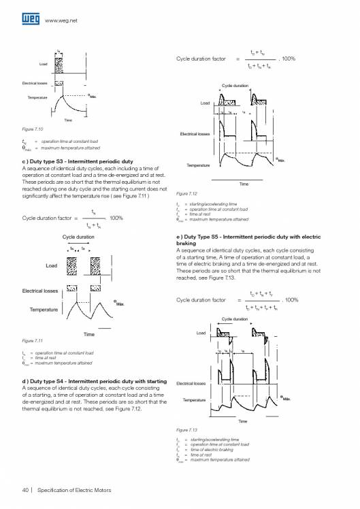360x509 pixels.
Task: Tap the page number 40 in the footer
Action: click(x=24, y=491)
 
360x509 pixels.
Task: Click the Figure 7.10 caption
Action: click(x=33, y=129)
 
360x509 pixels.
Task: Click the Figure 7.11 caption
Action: click(x=33, y=341)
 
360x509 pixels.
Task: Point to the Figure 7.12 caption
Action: click(x=186, y=193)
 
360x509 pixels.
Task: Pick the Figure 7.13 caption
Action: click(x=186, y=431)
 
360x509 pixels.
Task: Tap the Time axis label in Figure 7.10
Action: click(x=67, y=120)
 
